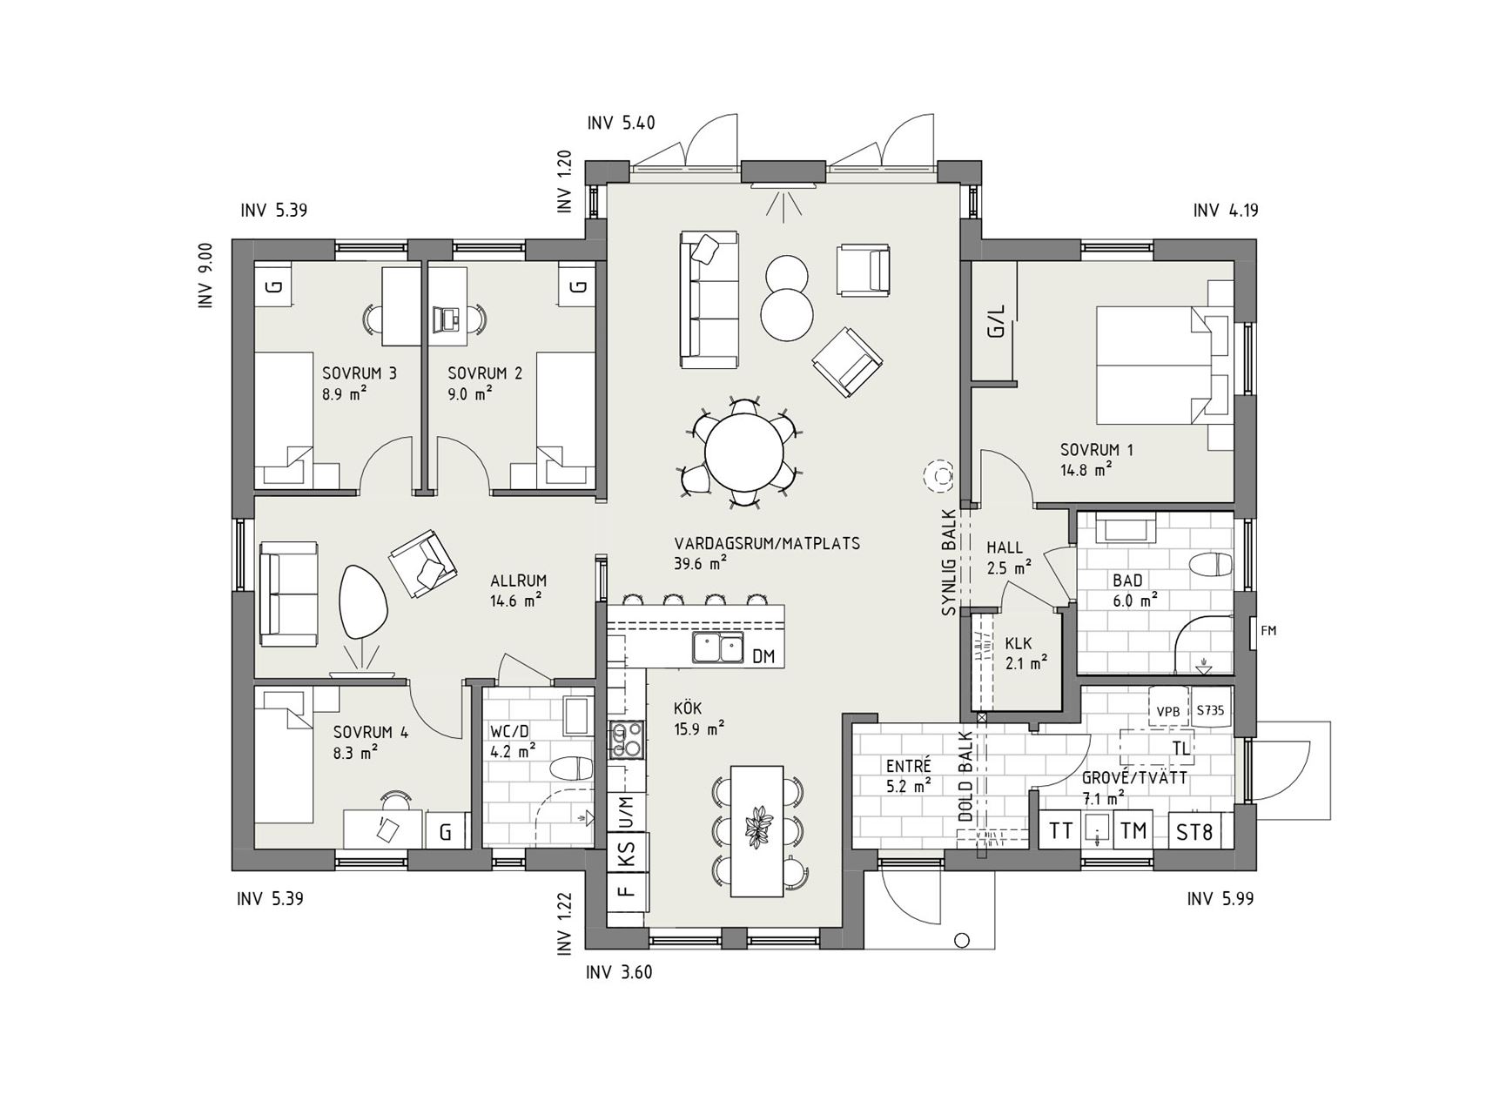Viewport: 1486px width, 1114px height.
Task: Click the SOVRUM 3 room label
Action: (360, 373)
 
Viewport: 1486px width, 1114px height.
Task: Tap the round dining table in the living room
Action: (743, 453)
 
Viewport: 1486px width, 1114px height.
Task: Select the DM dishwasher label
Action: (763, 656)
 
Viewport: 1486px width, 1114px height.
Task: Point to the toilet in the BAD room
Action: (1211, 565)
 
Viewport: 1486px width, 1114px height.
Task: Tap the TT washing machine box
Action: (1060, 830)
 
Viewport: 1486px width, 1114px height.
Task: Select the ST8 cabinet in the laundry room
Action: (1194, 832)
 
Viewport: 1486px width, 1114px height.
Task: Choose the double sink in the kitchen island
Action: (718, 648)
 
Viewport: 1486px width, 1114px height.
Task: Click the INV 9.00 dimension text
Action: (205, 276)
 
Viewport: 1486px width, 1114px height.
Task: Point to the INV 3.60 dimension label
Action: (620, 972)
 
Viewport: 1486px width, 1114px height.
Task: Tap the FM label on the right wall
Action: (1268, 631)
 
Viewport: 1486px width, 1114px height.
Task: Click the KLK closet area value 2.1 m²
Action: (1026, 663)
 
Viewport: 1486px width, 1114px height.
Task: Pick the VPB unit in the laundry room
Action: (1167, 711)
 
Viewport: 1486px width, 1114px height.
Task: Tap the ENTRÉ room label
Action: (909, 767)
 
